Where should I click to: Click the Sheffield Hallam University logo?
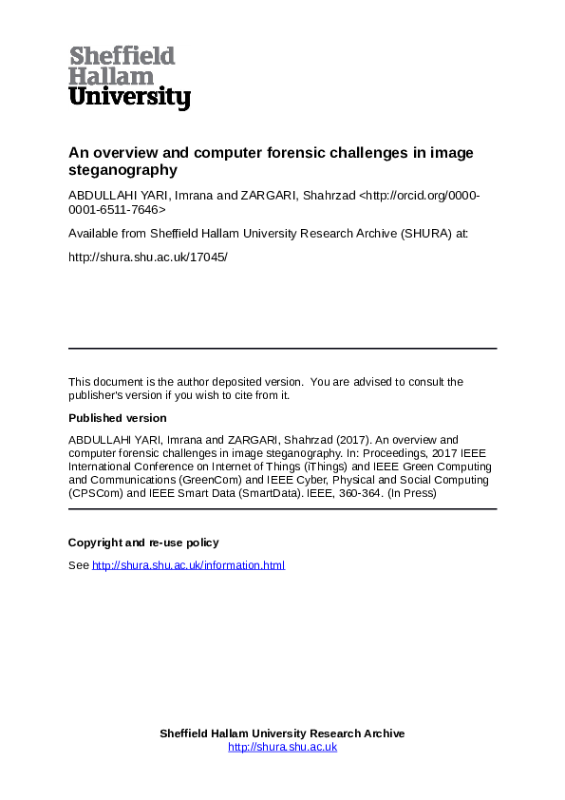(129, 77)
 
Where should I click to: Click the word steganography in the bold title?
(122, 171)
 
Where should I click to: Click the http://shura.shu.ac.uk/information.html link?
(188, 565)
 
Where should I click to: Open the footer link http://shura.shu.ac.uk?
(282, 747)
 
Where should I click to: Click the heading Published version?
(117, 418)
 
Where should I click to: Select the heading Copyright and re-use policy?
(143, 543)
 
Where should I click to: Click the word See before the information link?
(78, 565)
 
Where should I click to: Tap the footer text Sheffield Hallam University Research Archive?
(282, 733)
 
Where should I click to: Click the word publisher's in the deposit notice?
(99, 395)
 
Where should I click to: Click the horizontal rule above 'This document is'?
(282, 349)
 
